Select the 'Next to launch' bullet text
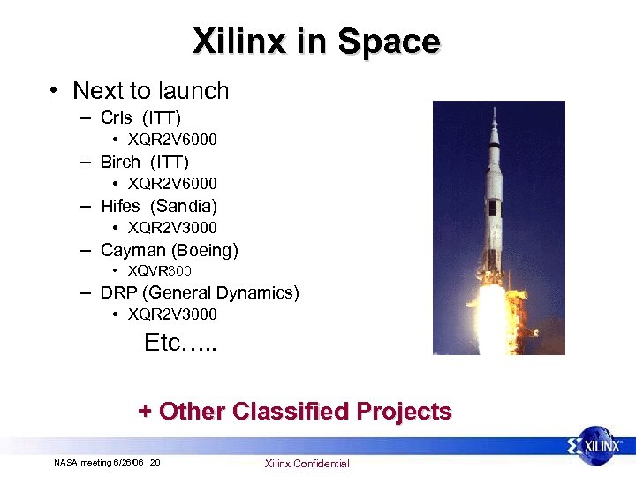(150, 91)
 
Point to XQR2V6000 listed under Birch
(172, 184)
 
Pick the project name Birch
(120, 162)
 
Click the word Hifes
(121, 206)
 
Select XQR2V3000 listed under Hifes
(172, 228)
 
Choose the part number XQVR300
(160, 271)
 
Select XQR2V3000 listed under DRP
(172, 314)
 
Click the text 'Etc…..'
(180, 343)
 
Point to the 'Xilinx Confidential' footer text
(307, 464)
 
